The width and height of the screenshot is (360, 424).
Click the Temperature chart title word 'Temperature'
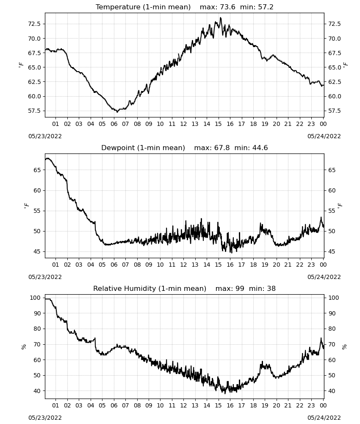118,7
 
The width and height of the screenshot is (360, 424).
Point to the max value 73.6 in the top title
228,7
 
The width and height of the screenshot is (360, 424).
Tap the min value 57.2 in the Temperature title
266,7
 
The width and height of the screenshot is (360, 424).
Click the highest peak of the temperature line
221,18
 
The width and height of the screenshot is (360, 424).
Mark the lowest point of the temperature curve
117,112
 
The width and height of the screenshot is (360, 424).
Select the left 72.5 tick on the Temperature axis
34,24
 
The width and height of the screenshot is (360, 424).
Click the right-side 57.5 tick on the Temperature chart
335,111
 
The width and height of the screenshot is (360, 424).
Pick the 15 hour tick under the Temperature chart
218,124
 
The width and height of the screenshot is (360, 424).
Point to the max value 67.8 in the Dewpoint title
222,148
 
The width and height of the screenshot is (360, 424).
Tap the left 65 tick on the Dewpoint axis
37,170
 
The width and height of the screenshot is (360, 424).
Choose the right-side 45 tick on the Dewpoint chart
332,251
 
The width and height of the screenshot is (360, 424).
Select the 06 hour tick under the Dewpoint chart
114,265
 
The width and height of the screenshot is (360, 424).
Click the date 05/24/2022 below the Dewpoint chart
324,277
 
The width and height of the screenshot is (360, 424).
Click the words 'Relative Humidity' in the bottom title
125,288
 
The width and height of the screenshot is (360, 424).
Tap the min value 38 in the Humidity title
271,288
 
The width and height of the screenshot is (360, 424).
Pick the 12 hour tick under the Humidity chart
183,405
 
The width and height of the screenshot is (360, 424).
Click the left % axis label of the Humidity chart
24,347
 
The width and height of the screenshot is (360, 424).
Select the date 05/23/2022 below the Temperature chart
45,136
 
